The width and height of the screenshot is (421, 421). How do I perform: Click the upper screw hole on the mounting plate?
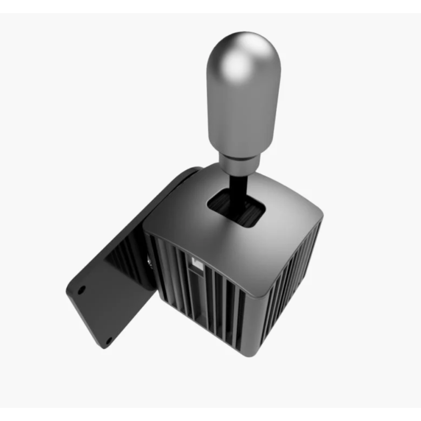[82, 289]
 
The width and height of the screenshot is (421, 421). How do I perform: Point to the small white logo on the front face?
[197, 262]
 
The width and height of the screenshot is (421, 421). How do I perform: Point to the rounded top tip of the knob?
[243, 36]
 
